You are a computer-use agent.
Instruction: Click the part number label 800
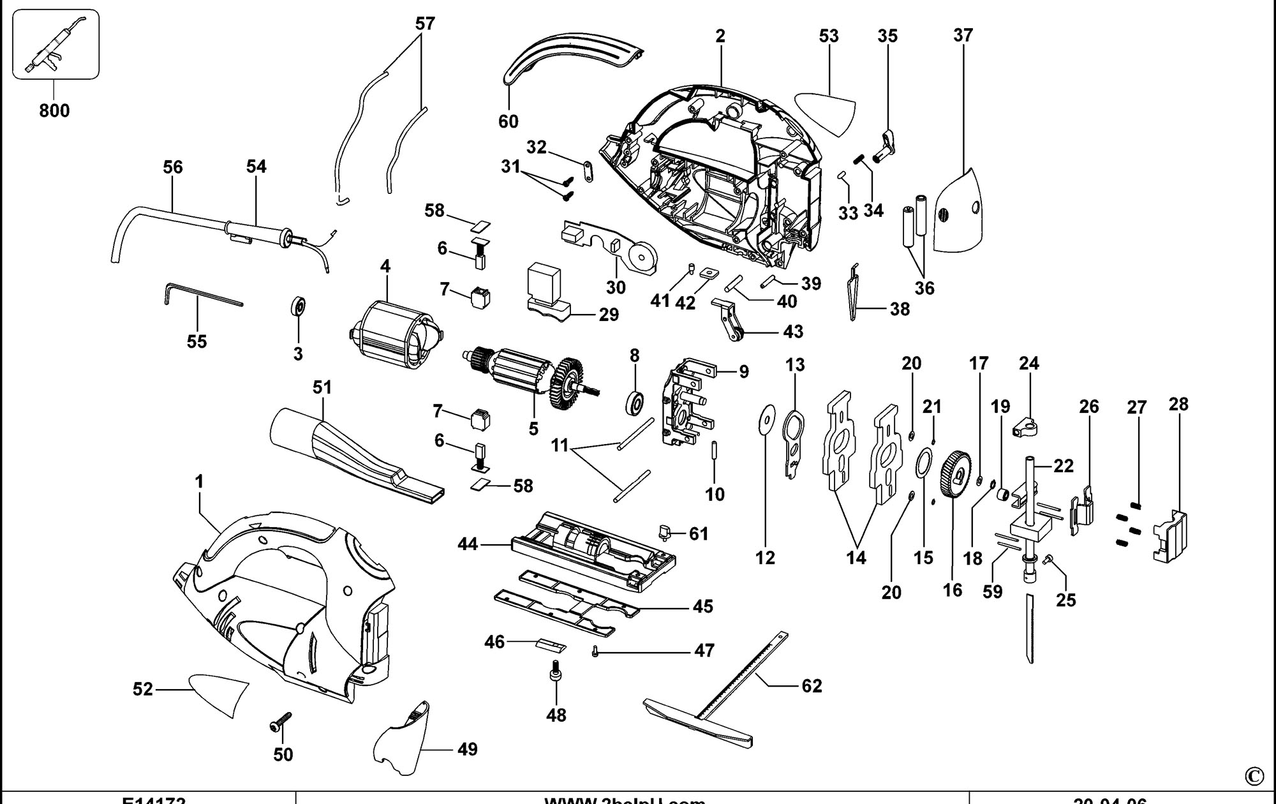coord(54,110)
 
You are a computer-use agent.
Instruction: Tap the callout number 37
coord(963,35)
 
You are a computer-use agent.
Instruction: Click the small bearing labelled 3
coord(297,305)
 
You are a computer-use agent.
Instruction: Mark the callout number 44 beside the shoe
coord(468,544)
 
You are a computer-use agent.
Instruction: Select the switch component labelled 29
coord(546,290)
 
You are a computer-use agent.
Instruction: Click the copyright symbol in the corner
coord(1254,775)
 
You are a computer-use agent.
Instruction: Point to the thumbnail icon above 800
coord(55,45)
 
